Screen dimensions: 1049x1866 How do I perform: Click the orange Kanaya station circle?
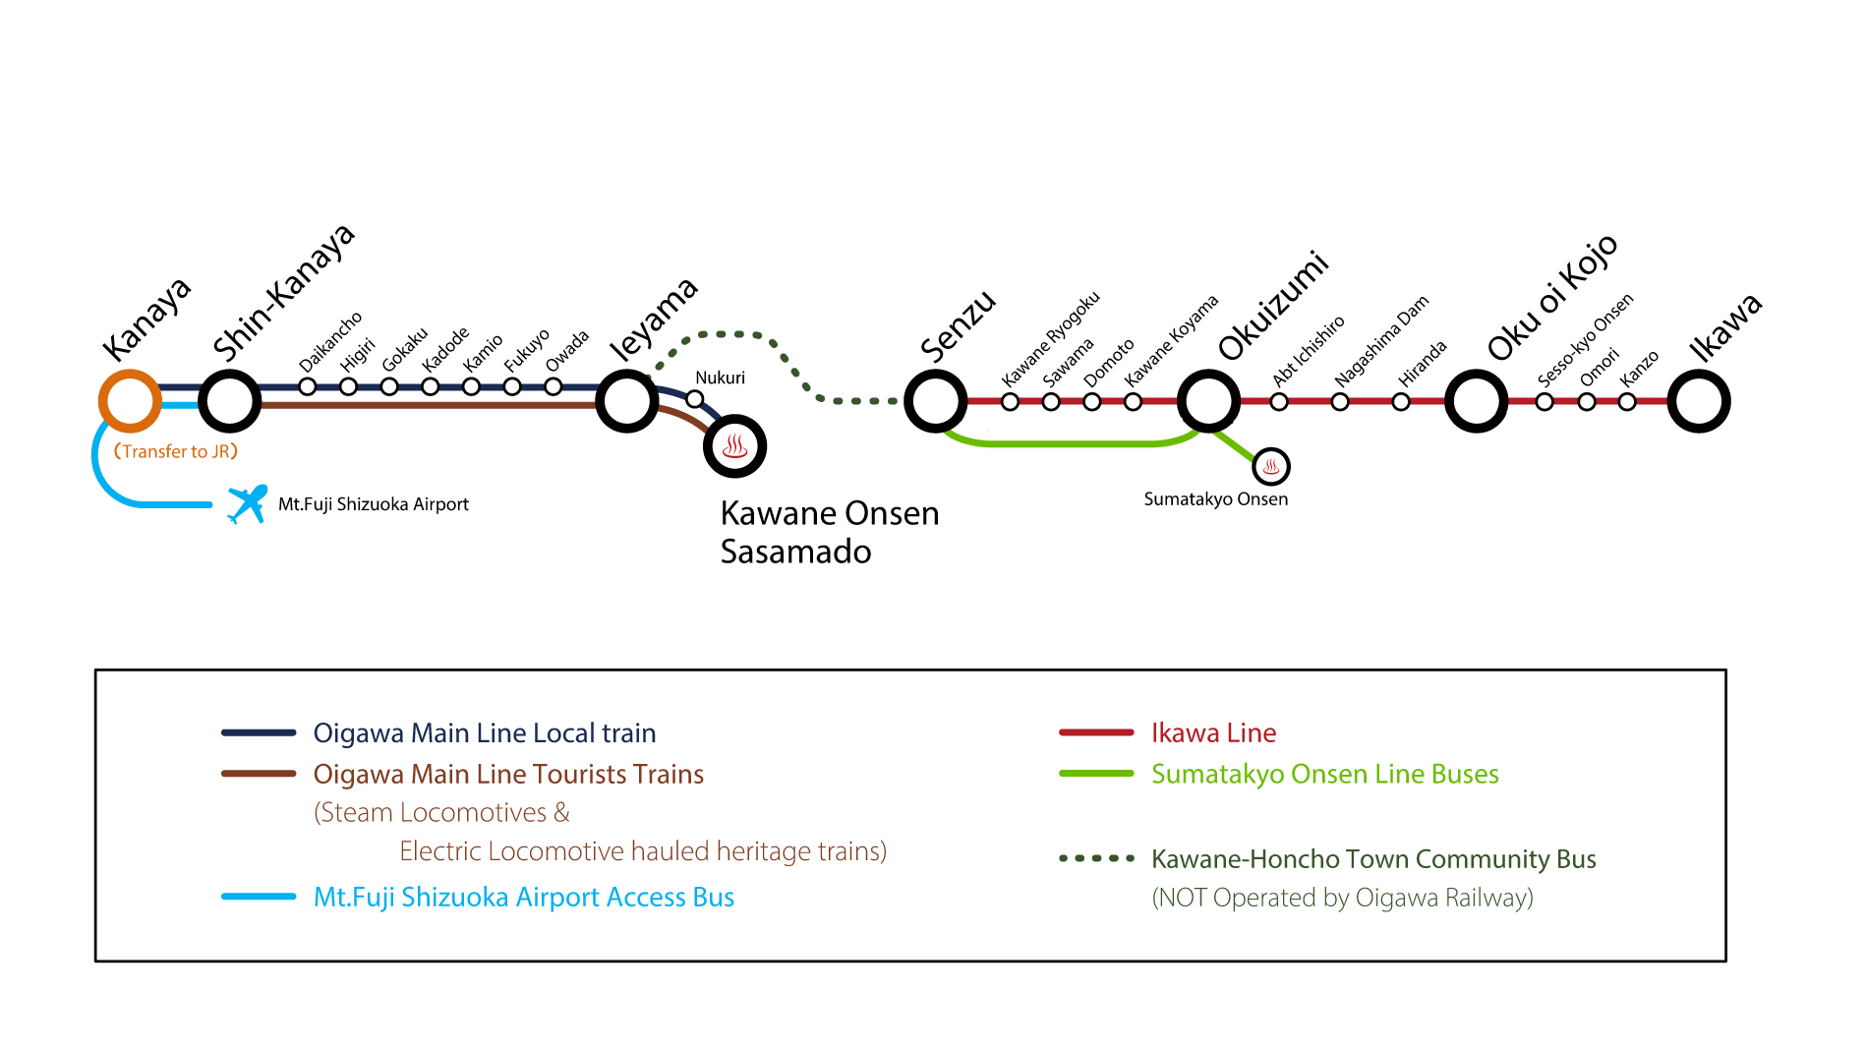coord(130,401)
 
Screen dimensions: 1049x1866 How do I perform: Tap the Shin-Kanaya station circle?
coord(230,401)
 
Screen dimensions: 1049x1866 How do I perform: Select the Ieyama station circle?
coord(627,401)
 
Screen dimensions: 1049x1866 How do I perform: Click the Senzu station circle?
coord(935,401)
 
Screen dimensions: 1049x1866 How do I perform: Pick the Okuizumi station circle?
coord(1208,401)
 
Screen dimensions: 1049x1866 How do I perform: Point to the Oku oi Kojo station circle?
coord(1476,401)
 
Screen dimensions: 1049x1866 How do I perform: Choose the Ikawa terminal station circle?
coord(1699,401)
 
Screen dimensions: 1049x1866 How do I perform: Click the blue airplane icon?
coord(247,504)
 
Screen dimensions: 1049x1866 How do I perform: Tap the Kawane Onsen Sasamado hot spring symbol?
coord(734,446)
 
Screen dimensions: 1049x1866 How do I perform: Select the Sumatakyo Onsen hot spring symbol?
coord(1271,466)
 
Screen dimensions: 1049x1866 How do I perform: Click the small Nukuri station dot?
coord(695,399)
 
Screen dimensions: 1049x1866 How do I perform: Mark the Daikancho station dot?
coord(308,387)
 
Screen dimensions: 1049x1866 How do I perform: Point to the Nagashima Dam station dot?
coord(1340,401)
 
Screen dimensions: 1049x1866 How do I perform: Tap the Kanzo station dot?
coord(1627,401)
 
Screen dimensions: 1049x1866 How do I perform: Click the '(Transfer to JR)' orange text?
coord(176,451)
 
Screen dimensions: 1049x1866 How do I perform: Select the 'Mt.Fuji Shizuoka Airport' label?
coord(374,504)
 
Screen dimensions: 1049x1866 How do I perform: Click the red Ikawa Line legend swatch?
coord(1096,732)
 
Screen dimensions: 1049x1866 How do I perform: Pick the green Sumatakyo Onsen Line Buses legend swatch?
coord(1096,774)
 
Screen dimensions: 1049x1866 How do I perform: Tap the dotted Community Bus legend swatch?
coord(1096,858)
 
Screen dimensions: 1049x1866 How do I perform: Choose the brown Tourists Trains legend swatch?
coord(259,774)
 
